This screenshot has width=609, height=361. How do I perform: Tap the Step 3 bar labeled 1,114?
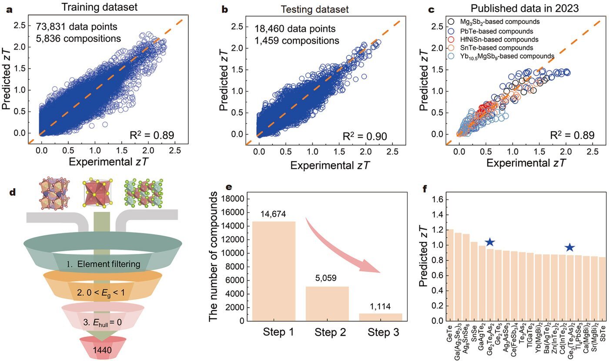(381, 317)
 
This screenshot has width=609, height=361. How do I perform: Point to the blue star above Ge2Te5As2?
(489, 242)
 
